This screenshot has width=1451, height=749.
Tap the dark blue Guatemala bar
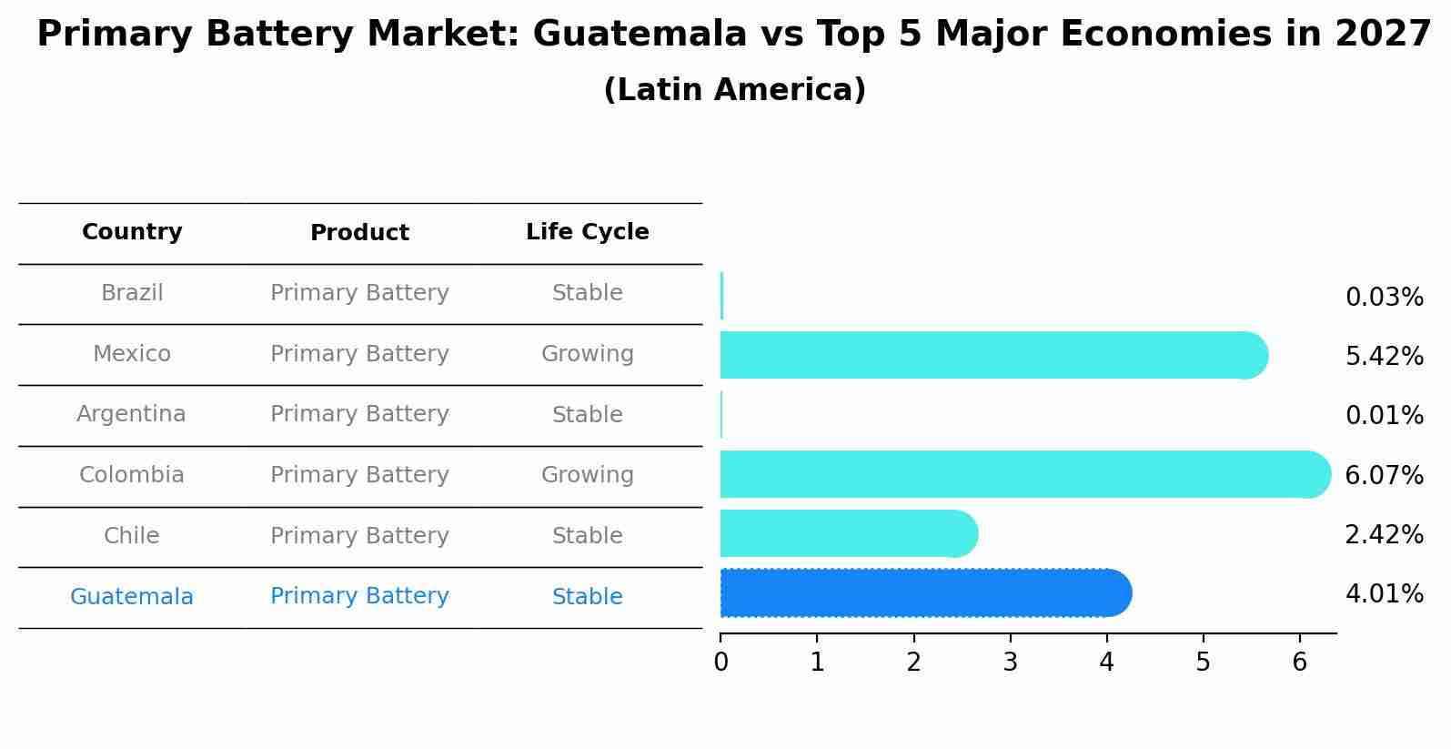click(x=923, y=593)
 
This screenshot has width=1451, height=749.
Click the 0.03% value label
click(x=1384, y=298)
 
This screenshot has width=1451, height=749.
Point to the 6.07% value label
click(x=1384, y=475)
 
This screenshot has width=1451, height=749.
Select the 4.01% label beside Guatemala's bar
click(x=1384, y=594)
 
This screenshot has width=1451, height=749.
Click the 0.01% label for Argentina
click(x=1384, y=416)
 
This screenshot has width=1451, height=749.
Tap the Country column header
click(x=132, y=232)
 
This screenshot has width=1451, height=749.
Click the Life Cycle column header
click(x=587, y=232)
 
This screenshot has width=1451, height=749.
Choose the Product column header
click(x=359, y=233)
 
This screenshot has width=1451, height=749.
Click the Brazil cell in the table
click(x=132, y=293)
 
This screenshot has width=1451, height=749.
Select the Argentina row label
click(x=131, y=414)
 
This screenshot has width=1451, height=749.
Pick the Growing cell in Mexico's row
click(x=587, y=354)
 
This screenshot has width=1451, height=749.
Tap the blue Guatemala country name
click(x=131, y=597)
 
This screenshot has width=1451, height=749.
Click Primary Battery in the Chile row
click(x=359, y=536)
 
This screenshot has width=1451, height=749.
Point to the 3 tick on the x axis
click(x=1010, y=662)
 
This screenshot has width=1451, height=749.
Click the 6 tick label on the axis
click(x=1299, y=662)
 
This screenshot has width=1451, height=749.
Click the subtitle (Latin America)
click(x=734, y=90)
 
